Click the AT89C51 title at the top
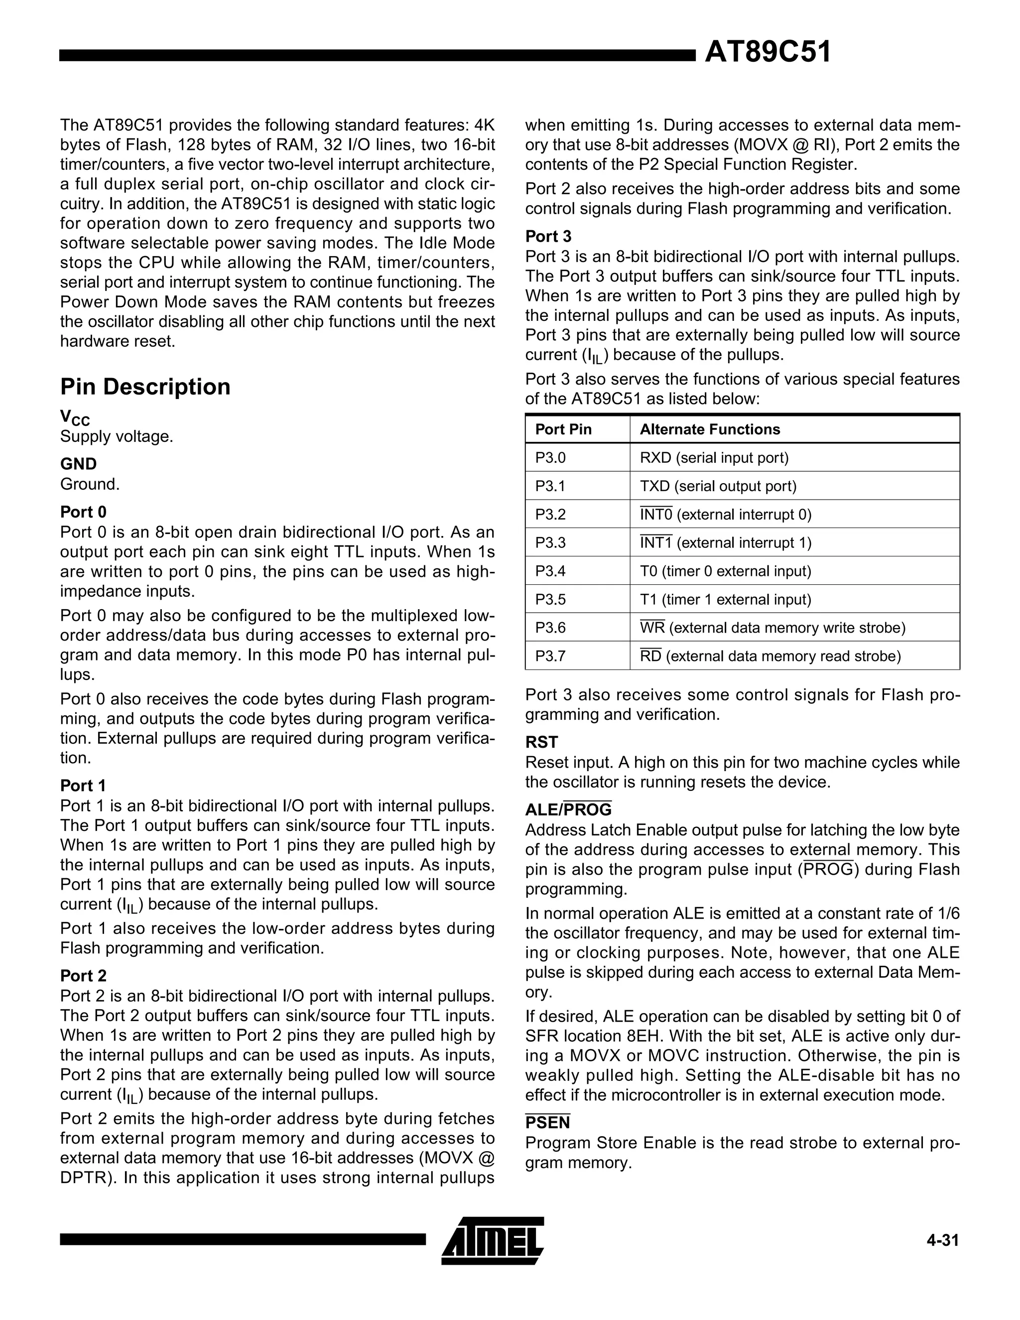[x=767, y=53]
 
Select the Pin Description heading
[x=145, y=387]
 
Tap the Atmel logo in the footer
[x=493, y=1240]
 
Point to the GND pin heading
[x=78, y=464]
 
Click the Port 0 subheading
[x=83, y=512]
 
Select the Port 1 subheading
[x=83, y=786]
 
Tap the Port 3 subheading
[x=548, y=236]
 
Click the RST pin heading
[x=541, y=742]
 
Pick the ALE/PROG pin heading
[x=568, y=809]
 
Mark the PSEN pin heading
[x=547, y=1122]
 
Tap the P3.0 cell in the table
[x=550, y=458]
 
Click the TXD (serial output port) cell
[x=718, y=486]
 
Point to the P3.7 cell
[x=550, y=656]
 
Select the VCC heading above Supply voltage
[x=74, y=417]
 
